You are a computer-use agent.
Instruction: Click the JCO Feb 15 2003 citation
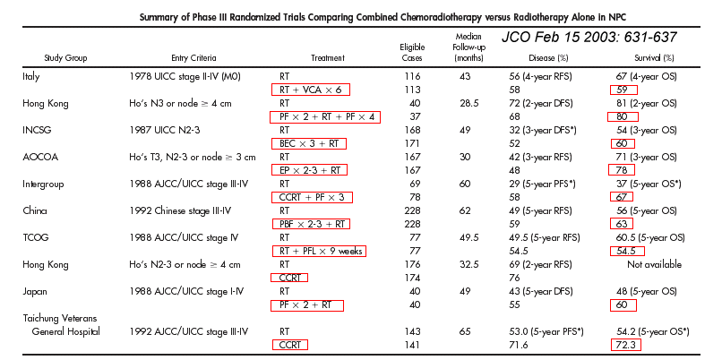(x=589, y=39)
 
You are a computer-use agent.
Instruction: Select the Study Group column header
(x=65, y=57)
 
